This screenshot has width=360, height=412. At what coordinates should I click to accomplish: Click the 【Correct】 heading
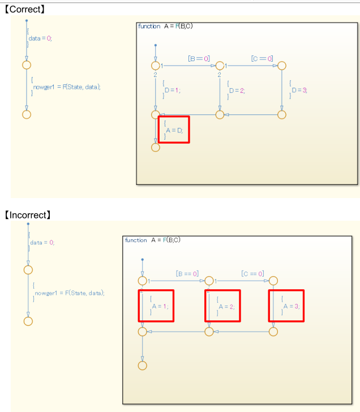25,9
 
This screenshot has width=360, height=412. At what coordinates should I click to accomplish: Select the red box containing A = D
174,130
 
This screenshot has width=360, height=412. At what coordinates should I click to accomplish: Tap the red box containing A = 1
156,306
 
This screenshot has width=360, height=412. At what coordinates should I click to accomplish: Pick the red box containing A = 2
222,306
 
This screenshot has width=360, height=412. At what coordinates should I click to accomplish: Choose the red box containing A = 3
286,306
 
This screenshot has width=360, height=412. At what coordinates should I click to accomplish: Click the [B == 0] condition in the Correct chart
199,58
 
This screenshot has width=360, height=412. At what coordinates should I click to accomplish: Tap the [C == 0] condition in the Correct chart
262,58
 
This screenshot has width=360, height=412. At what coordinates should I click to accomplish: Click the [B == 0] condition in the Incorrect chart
187,273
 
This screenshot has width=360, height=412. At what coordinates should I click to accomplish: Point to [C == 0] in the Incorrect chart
252,273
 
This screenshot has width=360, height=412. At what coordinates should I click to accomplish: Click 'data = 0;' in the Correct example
40,38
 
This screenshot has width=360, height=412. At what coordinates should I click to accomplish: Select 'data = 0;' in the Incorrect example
43,242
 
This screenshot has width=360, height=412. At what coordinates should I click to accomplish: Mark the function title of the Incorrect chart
152,240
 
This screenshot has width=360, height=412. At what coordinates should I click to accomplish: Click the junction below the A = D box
156,147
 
